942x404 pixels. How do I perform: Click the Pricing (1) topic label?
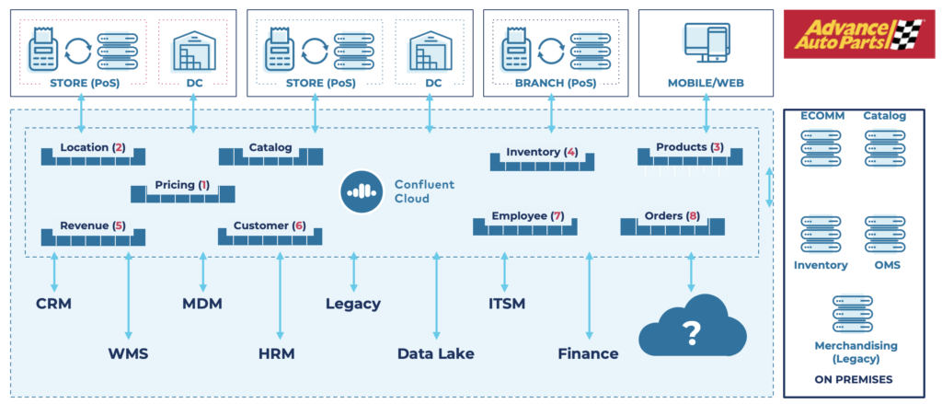pos(182,185)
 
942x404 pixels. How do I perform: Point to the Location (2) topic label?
pos(92,147)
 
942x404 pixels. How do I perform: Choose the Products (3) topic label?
pos(689,147)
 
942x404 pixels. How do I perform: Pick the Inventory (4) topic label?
pos(541,152)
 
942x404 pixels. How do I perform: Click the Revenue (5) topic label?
pos(92,225)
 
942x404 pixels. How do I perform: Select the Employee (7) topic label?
pos(526,216)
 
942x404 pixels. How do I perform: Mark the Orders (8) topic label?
pos(672,216)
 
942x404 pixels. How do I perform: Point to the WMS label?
pos(129,353)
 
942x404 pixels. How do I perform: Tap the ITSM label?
pos(506,304)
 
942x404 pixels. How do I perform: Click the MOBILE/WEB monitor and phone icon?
pos(706,43)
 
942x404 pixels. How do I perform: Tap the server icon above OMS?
pos(883,235)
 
